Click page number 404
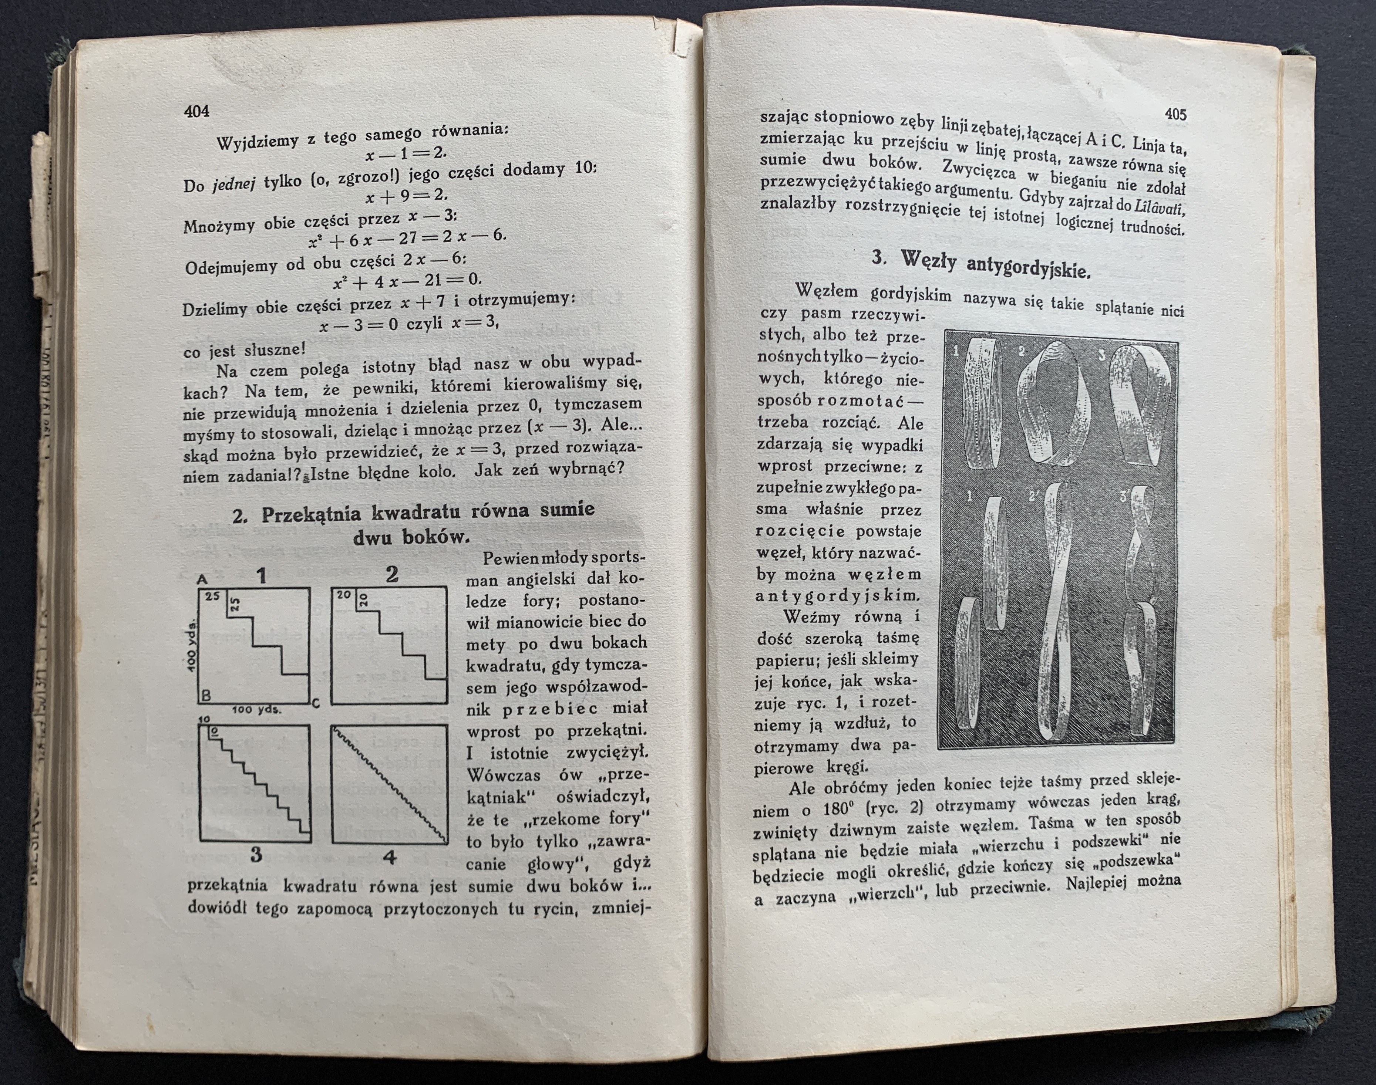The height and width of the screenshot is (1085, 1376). [x=196, y=111]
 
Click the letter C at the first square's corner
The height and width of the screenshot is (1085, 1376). [x=315, y=703]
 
